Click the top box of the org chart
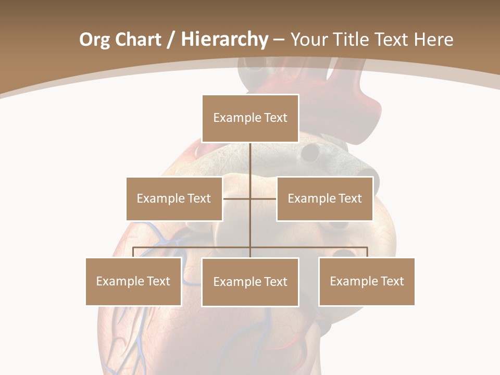pos(250,118)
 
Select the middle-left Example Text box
pos(174,198)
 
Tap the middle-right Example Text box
pos(324,198)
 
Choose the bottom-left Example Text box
pos(133,281)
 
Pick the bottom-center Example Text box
pos(250,282)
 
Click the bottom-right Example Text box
pos(367,281)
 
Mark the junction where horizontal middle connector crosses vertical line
pos(250,198)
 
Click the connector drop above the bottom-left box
pos(133,252)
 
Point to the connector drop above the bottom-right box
pos(367,252)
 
